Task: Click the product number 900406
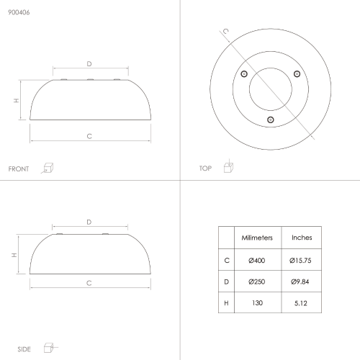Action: (x=19, y=12)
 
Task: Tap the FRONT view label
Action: (x=19, y=169)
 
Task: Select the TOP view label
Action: (x=205, y=168)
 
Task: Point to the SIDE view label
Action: (x=24, y=349)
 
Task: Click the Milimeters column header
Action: (x=257, y=238)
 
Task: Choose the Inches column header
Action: (x=302, y=238)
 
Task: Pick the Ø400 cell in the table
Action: (x=257, y=261)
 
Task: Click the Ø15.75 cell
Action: (x=300, y=261)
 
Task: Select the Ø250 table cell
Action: (x=257, y=282)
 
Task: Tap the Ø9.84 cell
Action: (x=300, y=282)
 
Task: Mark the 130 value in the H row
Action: (x=257, y=303)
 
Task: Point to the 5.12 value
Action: (x=301, y=303)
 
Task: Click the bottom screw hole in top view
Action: (x=271, y=120)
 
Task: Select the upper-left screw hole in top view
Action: (x=244, y=74)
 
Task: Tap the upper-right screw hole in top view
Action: (x=297, y=74)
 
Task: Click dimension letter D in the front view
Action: (x=89, y=64)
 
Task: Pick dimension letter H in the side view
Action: (x=14, y=255)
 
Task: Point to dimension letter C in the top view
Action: (x=226, y=31)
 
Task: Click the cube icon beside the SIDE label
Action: (x=50, y=348)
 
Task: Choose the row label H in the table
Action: (x=226, y=303)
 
